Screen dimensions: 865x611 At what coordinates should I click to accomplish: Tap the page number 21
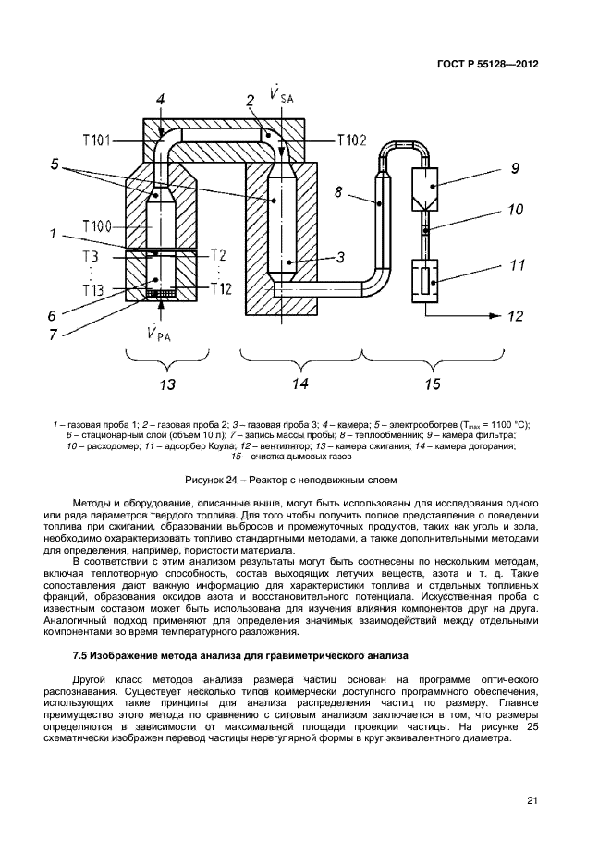[532, 800]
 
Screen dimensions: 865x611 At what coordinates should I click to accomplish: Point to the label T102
[350, 140]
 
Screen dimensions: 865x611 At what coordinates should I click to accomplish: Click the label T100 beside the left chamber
[96, 226]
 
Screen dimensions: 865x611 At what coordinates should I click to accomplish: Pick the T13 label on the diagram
[92, 289]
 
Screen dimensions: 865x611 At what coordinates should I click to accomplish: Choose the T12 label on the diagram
[221, 288]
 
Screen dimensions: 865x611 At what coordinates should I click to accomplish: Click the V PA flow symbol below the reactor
[157, 333]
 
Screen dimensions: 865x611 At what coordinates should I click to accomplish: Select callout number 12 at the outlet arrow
[516, 316]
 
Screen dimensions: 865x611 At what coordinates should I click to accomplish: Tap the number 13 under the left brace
[167, 382]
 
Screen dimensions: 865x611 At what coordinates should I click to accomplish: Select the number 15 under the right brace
[432, 382]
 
